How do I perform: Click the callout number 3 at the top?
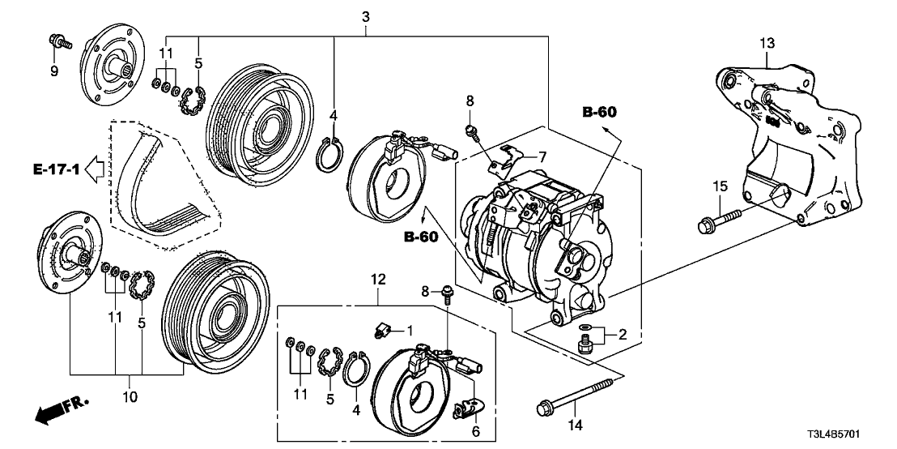click(366, 15)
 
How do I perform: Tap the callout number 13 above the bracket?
click(767, 42)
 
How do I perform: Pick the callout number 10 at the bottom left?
click(130, 397)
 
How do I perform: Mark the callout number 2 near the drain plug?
click(623, 334)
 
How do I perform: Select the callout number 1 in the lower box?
click(410, 330)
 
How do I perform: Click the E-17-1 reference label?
click(56, 169)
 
